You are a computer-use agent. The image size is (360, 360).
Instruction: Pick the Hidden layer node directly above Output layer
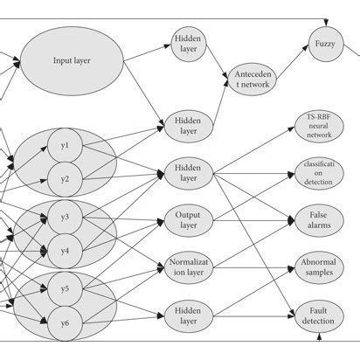pyautogui.click(x=189, y=172)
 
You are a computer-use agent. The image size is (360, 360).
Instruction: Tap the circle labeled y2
pyautogui.click(x=65, y=179)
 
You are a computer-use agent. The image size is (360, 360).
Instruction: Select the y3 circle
pyautogui.click(x=65, y=216)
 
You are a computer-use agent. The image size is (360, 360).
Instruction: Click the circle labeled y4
pyautogui.click(x=65, y=251)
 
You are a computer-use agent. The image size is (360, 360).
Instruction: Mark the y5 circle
pyautogui.click(x=65, y=287)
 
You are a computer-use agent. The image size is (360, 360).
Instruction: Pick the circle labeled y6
pyautogui.click(x=65, y=322)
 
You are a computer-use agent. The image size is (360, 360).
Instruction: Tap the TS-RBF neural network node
pyautogui.click(x=318, y=127)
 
